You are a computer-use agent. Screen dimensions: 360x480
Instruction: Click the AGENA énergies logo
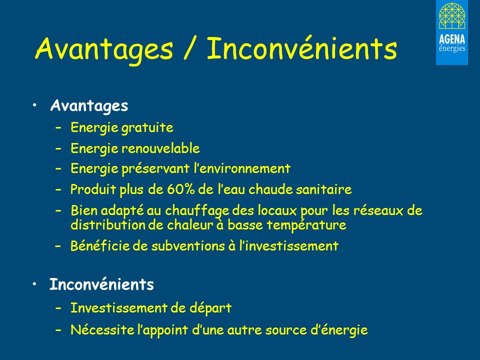click(451, 32)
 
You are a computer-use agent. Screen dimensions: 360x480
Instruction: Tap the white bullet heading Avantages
click(89, 106)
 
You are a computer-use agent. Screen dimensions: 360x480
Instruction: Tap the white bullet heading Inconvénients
click(101, 285)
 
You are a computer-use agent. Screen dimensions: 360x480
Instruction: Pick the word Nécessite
click(97, 330)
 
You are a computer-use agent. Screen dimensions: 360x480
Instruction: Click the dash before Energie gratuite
click(59, 128)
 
